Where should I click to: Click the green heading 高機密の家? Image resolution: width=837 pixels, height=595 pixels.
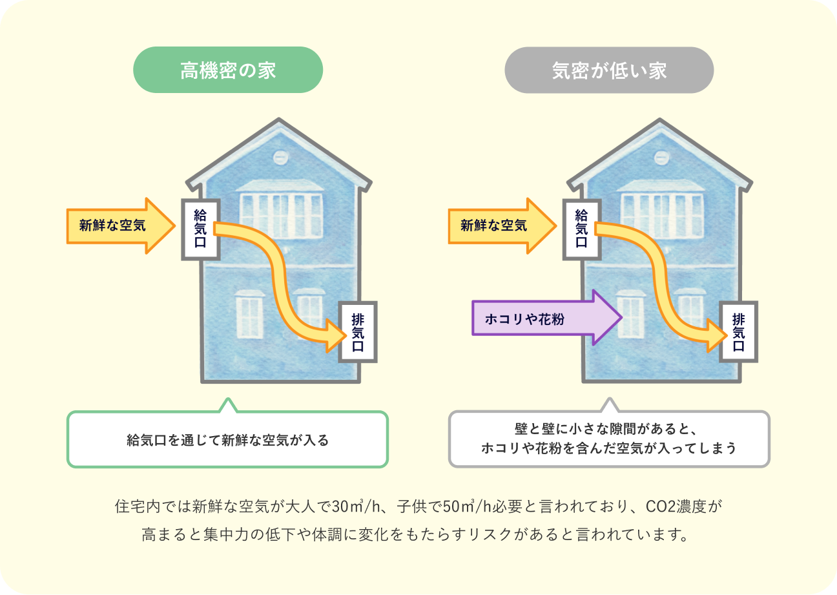tap(228, 70)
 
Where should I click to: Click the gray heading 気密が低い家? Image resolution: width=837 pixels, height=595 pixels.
tap(609, 70)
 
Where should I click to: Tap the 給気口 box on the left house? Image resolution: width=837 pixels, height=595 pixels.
tap(200, 229)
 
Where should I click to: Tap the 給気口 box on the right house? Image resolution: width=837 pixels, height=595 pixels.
tap(581, 229)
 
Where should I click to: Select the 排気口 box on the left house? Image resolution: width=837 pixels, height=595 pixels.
tap(358, 331)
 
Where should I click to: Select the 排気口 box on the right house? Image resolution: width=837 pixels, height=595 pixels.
tap(739, 331)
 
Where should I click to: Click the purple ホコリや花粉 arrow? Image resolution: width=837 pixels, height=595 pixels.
tap(546, 318)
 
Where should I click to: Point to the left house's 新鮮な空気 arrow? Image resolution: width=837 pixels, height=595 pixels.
tap(120, 225)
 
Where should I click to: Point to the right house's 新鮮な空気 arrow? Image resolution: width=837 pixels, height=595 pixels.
tap(501, 225)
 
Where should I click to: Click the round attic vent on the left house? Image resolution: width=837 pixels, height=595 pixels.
tap(280, 157)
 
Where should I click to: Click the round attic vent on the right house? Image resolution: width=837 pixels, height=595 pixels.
tap(661, 157)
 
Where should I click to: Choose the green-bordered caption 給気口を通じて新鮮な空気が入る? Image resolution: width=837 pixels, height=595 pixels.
tap(227, 441)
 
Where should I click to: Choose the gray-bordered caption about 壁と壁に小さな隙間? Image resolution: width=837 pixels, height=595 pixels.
tap(608, 439)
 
